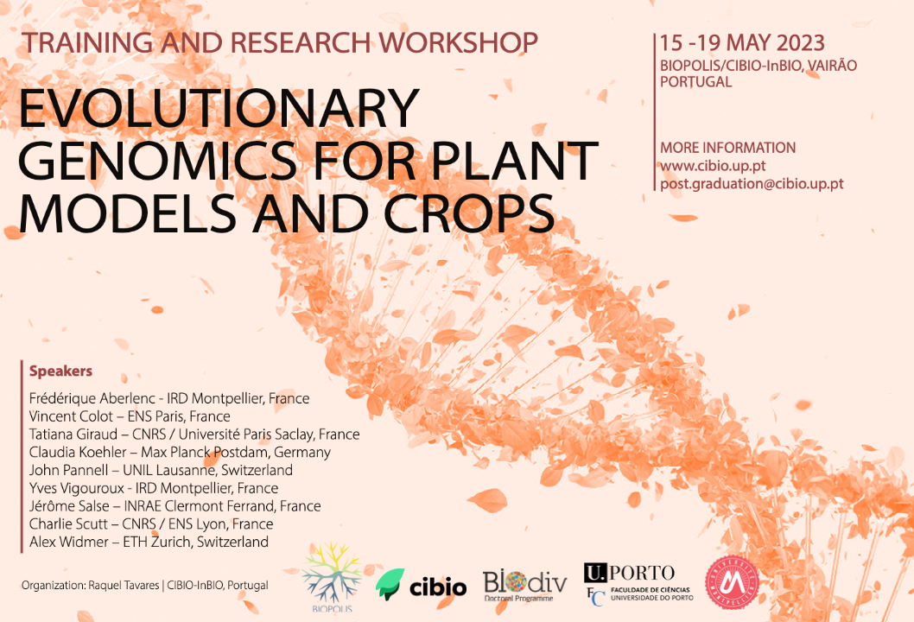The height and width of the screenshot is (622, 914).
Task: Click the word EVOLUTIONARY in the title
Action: tap(219, 109)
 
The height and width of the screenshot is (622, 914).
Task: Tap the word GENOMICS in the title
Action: tap(164, 161)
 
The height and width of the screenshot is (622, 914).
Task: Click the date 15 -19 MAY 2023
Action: tap(742, 43)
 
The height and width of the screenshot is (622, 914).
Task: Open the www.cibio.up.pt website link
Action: tap(713, 166)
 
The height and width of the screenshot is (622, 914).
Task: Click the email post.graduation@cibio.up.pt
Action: tap(752, 184)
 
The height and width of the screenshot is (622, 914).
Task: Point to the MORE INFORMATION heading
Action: tap(727, 148)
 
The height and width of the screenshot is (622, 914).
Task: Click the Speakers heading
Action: tap(60, 371)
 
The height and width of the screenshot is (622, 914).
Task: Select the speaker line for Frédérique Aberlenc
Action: tap(169, 398)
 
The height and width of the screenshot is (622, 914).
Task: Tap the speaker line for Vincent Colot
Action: tap(130, 416)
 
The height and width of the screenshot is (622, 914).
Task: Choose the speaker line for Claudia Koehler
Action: tap(180, 452)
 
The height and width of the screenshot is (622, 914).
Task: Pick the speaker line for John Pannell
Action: tap(161, 470)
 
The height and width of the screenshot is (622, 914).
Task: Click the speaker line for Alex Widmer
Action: tap(149, 542)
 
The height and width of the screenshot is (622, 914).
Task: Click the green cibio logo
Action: tap(421, 585)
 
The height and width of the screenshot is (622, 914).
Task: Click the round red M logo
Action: tap(732, 582)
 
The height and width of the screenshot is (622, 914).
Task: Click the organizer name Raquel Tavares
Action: tap(124, 585)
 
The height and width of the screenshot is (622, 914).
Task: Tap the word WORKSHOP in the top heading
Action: tap(458, 42)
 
